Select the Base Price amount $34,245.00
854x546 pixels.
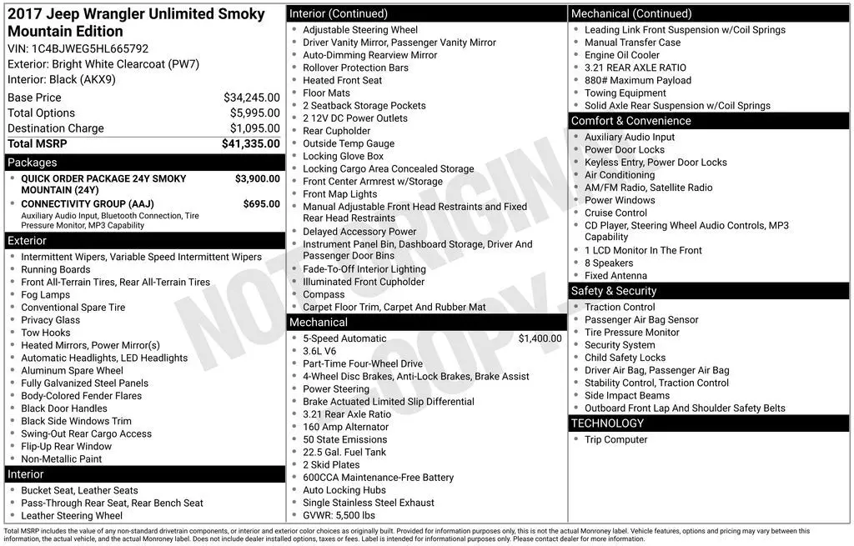tap(252, 98)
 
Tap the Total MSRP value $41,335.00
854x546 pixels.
tap(250, 143)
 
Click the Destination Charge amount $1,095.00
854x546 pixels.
tap(254, 128)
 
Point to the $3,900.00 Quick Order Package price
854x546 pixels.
tap(257, 178)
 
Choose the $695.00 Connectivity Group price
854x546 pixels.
tap(261, 203)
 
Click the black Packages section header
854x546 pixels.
tap(144, 163)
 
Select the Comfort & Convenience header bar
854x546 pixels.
tap(709, 121)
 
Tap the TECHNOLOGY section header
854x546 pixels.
tap(709, 423)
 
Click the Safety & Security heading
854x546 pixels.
tap(709, 291)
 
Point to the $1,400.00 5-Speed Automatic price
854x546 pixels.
tap(540, 338)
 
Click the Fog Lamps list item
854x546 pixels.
tap(46, 294)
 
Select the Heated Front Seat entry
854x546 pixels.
tap(342, 80)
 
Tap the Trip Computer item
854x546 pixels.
tap(615, 439)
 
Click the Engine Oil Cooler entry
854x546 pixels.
tap(621, 55)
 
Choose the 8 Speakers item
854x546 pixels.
tap(608, 263)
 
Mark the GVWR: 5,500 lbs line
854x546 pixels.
tap(339, 515)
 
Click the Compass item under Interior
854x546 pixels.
tap(324, 294)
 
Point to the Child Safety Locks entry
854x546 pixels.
tap(625, 358)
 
